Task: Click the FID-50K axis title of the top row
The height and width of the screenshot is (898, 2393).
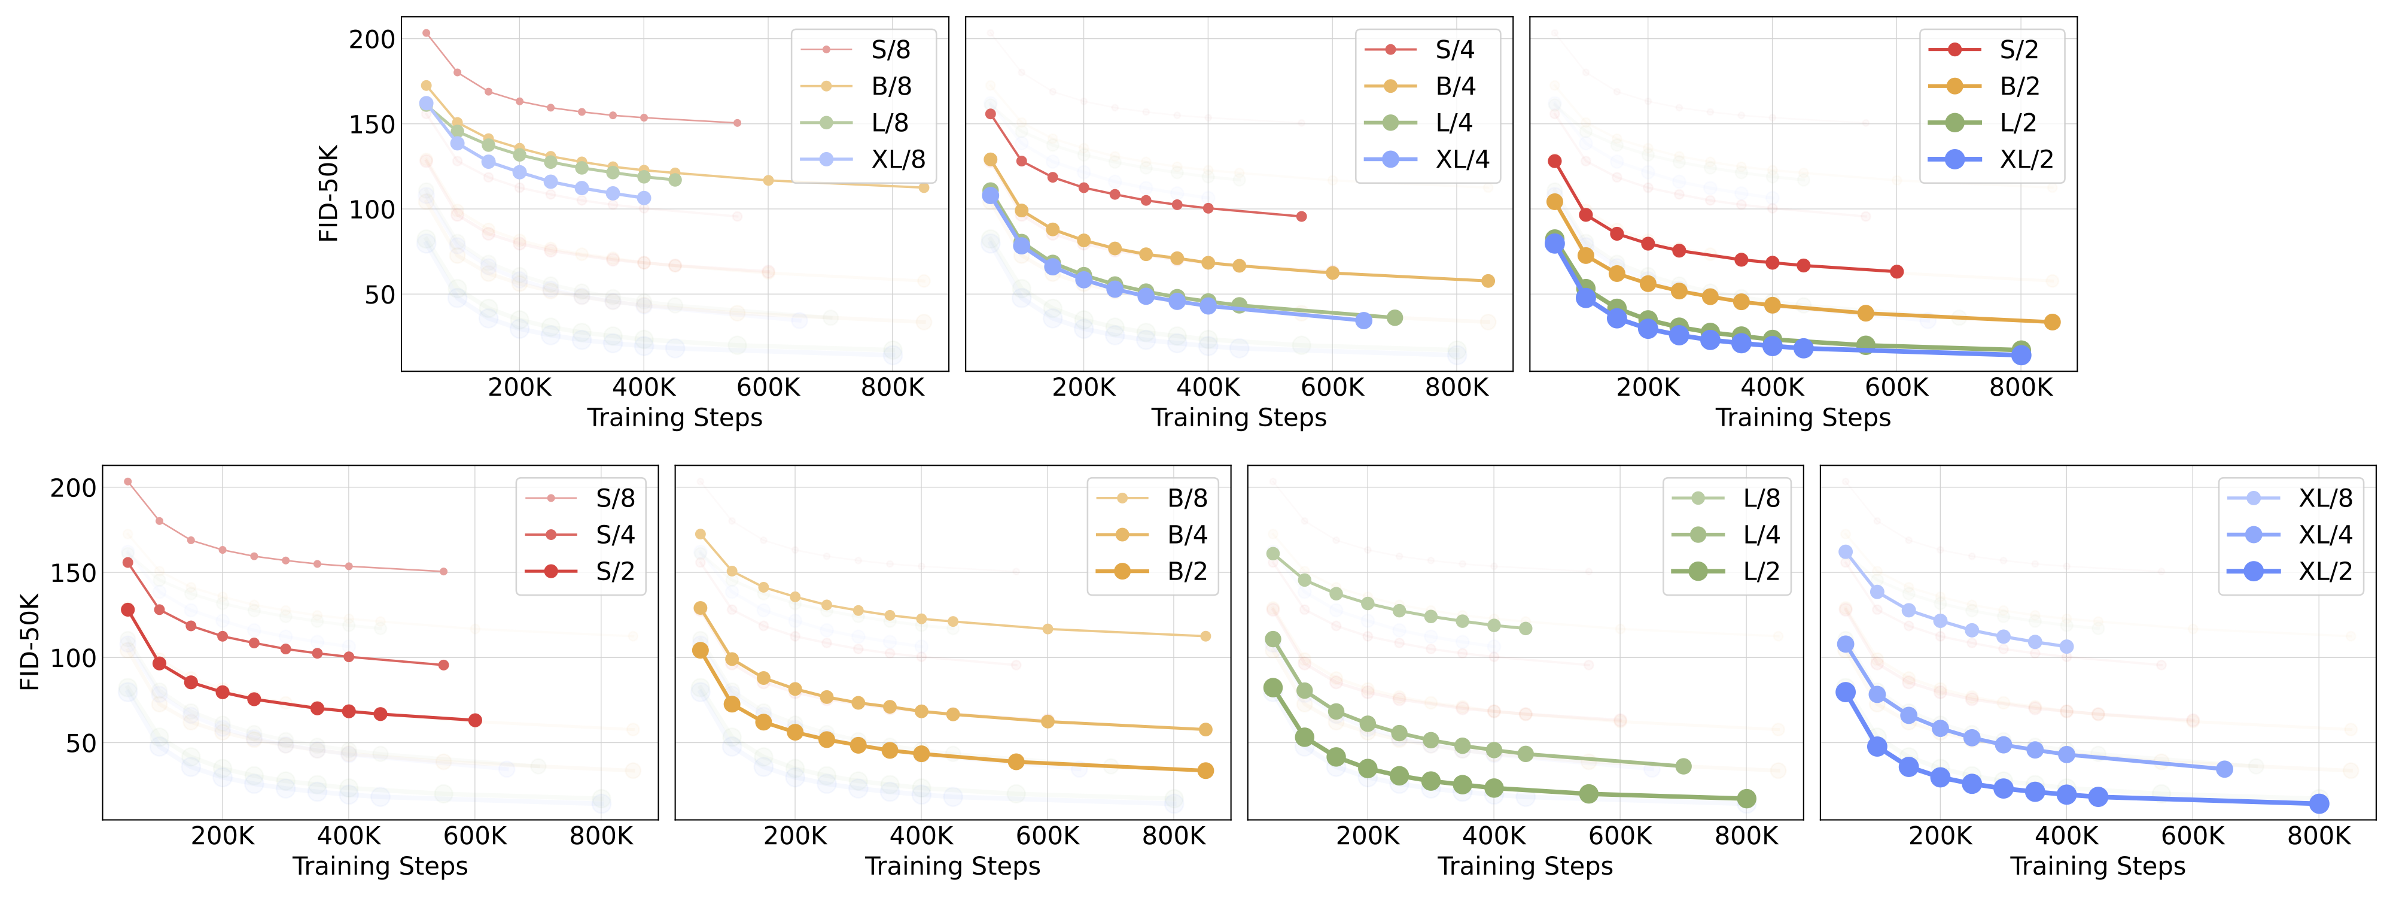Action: point(328,193)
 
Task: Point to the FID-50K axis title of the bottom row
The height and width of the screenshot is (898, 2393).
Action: point(30,641)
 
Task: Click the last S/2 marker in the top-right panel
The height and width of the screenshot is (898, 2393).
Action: point(1897,271)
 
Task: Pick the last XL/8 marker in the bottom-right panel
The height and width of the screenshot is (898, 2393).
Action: point(2066,646)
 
